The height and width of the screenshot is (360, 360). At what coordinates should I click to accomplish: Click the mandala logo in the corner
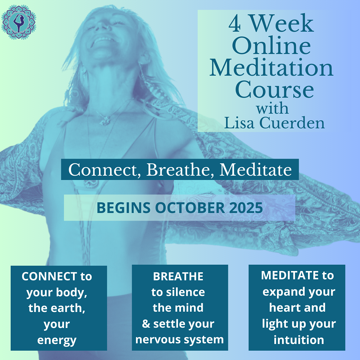coord(19,22)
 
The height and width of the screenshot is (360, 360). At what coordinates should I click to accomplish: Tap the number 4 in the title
coord(235,24)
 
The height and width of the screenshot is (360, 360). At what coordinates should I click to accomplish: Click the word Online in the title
coord(271,46)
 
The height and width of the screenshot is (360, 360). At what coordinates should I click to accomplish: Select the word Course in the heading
coord(274,90)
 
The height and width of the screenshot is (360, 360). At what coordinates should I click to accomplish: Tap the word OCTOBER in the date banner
coord(190,208)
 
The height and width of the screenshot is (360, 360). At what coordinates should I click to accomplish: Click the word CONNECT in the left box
coord(49,276)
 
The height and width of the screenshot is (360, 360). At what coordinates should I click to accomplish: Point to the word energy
coord(57,340)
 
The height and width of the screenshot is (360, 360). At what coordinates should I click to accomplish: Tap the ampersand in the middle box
coord(146,323)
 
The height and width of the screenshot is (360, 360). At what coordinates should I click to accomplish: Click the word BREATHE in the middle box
coord(178,276)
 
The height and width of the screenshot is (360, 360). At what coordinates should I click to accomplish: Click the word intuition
coord(299,340)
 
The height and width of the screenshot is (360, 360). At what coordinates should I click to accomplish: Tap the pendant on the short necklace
coord(105,121)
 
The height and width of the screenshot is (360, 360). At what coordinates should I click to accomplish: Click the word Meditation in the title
coord(271,68)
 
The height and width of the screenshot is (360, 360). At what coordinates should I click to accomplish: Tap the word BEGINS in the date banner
coord(124,208)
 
